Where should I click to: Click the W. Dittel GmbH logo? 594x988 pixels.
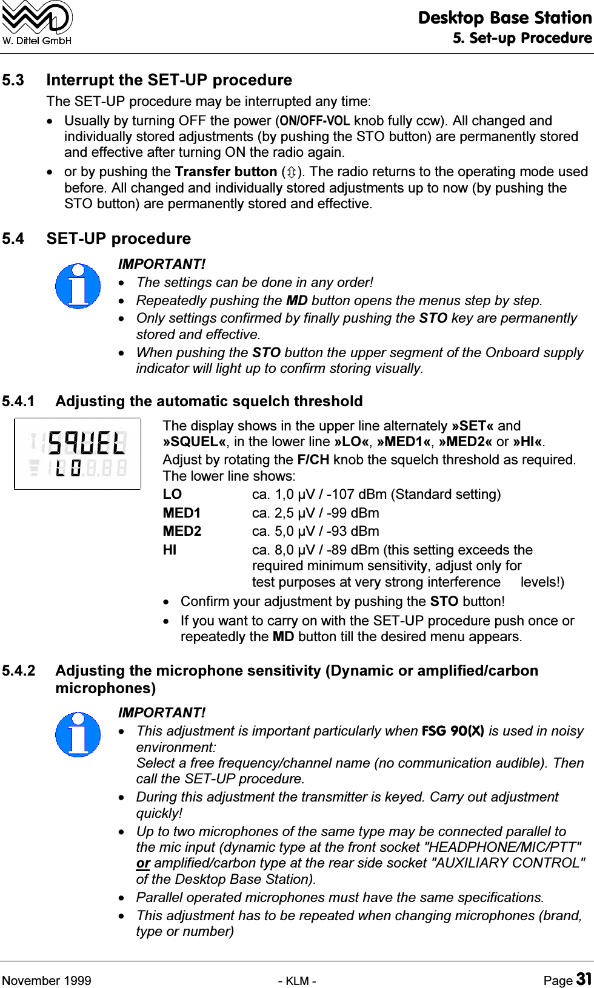(x=37, y=23)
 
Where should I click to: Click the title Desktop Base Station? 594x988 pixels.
(x=504, y=18)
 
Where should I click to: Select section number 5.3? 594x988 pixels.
(x=13, y=80)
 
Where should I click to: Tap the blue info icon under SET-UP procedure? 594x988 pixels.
(x=78, y=286)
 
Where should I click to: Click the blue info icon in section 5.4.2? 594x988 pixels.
(x=78, y=734)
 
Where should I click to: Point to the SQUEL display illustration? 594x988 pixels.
(x=78, y=453)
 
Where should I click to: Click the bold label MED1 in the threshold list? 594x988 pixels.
(x=181, y=513)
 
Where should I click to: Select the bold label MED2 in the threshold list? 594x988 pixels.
(x=182, y=532)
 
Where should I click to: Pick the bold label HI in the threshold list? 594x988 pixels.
(x=170, y=550)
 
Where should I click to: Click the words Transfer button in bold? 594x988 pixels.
(x=225, y=172)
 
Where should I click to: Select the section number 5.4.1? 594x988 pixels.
(x=19, y=401)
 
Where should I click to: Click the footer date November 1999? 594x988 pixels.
(x=47, y=981)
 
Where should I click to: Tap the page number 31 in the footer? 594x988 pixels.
(x=583, y=980)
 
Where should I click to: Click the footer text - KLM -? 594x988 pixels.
(x=297, y=981)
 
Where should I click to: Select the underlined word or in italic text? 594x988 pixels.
(x=143, y=863)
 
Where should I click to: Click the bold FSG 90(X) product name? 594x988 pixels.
(x=452, y=731)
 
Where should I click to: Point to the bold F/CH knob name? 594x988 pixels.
(x=313, y=459)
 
